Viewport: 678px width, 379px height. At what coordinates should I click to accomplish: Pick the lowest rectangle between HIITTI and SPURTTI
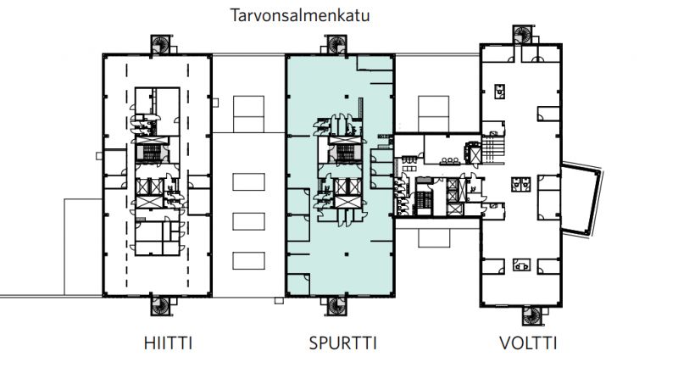pyautogui.click(x=248, y=262)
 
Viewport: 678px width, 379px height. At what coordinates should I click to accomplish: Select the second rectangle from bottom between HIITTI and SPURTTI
pyautogui.click(x=248, y=223)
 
